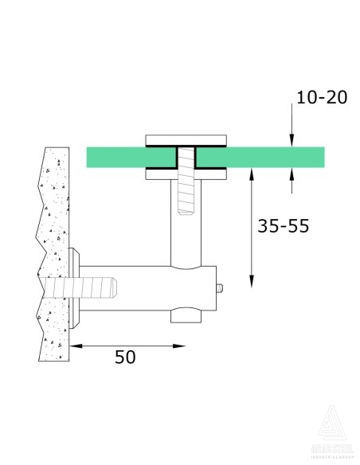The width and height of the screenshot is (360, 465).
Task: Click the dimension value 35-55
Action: (x=283, y=226)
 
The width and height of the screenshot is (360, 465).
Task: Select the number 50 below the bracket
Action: (x=125, y=357)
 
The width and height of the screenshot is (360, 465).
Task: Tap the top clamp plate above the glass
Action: (x=184, y=140)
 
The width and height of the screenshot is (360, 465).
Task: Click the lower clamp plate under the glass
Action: (x=184, y=174)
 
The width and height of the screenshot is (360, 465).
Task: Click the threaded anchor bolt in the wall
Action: (x=84, y=286)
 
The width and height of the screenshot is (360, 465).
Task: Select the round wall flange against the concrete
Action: (x=76, y=287)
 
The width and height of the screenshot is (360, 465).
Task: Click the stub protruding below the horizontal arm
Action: (x=185, y=317)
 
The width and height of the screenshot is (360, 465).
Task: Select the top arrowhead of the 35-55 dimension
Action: (x=252, y=174)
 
